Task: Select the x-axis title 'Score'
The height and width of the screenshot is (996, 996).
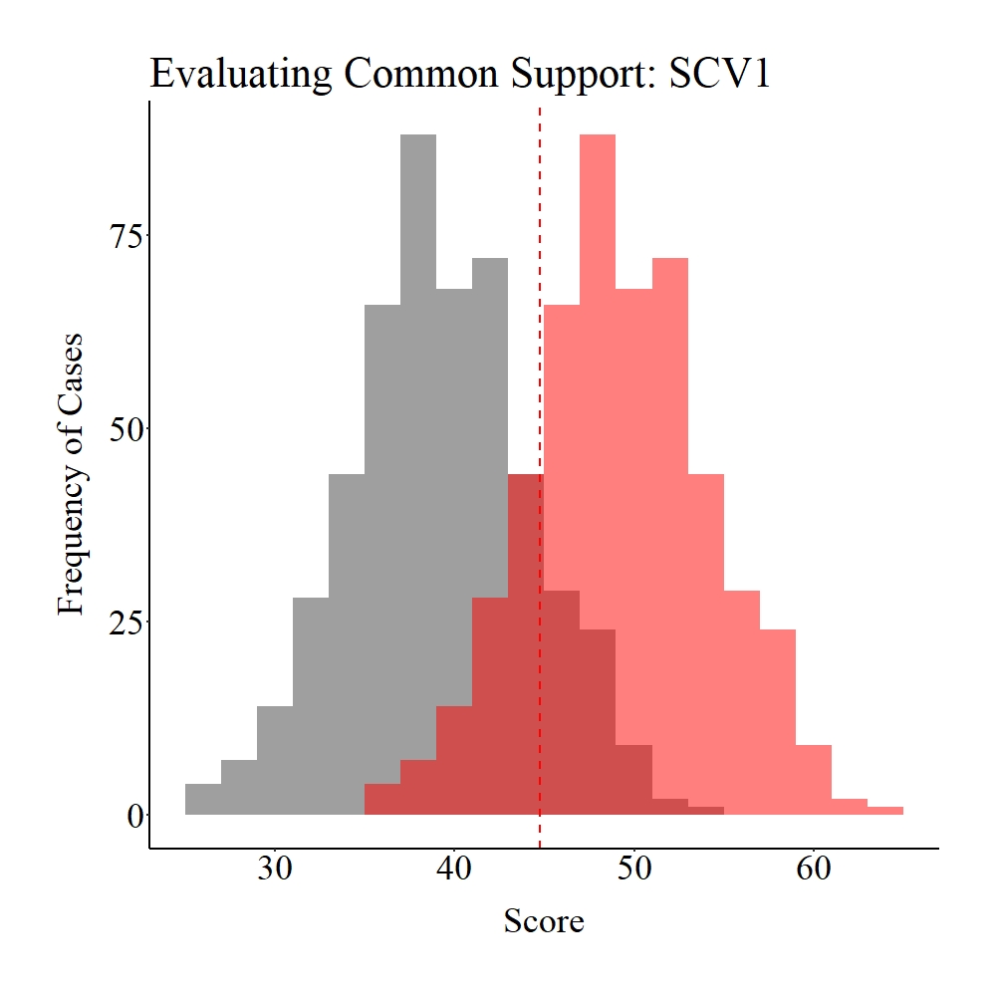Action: pyautogui.click(x=543, y=921)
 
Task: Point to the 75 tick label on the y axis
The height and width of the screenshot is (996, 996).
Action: pyautogui.click(x=124, y=235)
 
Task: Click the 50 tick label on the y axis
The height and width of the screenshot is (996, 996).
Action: pyautogui.click(x=124, y=428)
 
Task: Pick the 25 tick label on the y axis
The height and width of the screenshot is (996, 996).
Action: pyautogui.click(x=124, y=622)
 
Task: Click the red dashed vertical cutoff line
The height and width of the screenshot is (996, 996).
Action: pyautogui.click(x=540, y=299)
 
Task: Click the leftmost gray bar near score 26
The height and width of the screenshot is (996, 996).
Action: pyautogui.click(x=203, y=800)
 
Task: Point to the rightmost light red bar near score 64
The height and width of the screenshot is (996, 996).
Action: pyautogui.click(x=884, y=811)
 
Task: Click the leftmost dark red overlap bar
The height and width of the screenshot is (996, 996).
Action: pyautogui.click(x=382, y=800)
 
